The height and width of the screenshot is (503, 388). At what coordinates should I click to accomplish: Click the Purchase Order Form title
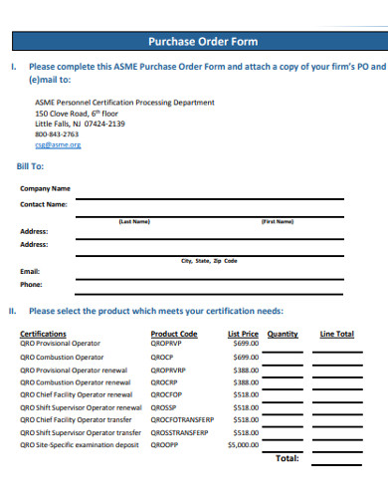click(x=202, y=42)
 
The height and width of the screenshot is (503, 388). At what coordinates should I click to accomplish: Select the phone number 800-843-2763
click(x=56, y=133)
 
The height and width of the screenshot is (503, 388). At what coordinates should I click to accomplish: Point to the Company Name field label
click(x=46, y=187)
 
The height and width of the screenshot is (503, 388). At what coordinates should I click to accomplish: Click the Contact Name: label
click(x=44, y=204)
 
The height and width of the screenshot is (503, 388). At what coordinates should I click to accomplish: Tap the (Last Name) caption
click(x=134, y=221)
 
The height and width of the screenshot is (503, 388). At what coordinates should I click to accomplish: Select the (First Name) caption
click(x=277, y=221)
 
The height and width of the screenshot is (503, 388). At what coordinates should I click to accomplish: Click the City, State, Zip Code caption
click(x=209, y=261)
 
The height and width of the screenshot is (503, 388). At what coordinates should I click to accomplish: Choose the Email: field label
click(x=30, y=271)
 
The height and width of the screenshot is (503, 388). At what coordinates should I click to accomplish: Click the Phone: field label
click(x=31, y=284)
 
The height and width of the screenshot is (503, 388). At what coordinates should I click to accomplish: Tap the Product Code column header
click(x=174, y=334)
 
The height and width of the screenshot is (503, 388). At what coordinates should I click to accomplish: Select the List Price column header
click(x=244, y=334)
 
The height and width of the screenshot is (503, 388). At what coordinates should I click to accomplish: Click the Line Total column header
click(x=336, y=334)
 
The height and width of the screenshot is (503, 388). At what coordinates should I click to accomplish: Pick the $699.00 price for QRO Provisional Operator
click(x=246, y=344)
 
